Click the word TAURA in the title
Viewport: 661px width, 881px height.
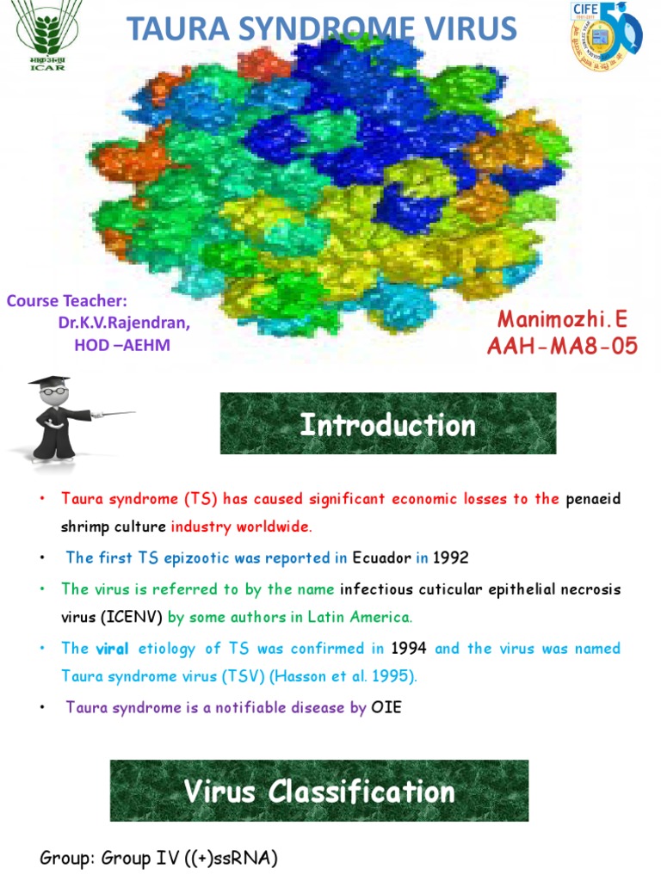click(178, 28)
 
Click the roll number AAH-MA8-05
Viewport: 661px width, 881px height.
click(563, 348)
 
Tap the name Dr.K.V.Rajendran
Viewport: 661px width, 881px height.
click(125, 323)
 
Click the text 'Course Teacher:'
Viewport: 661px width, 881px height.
click(67, 301)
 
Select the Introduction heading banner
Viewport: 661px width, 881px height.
click(388, 423)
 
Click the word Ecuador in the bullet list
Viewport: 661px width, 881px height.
click(380, 558)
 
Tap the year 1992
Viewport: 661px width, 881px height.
click(451, 558)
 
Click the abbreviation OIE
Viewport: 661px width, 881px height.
click(386, 707)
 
